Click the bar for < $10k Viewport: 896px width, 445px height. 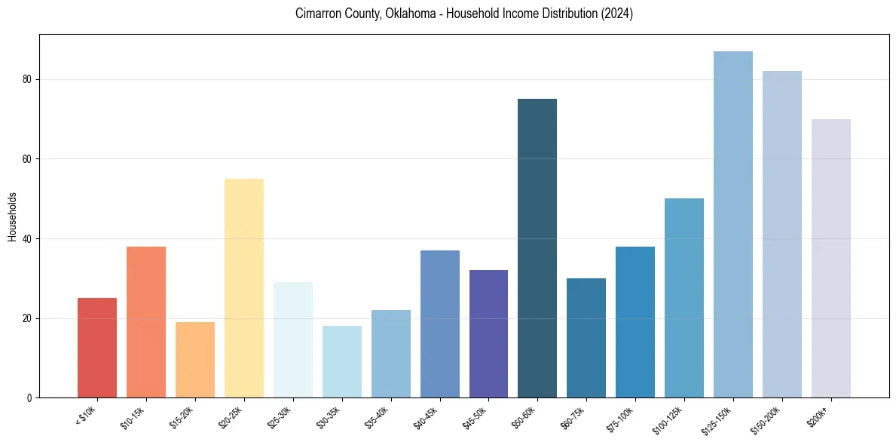(97, 348)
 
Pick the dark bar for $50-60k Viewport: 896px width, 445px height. (537, 248)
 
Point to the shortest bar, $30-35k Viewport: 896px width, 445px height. (342, 362)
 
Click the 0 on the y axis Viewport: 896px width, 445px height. (29, 398)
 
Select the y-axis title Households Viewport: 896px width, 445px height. (12, 216)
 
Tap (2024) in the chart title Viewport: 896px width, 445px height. (616, 14)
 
